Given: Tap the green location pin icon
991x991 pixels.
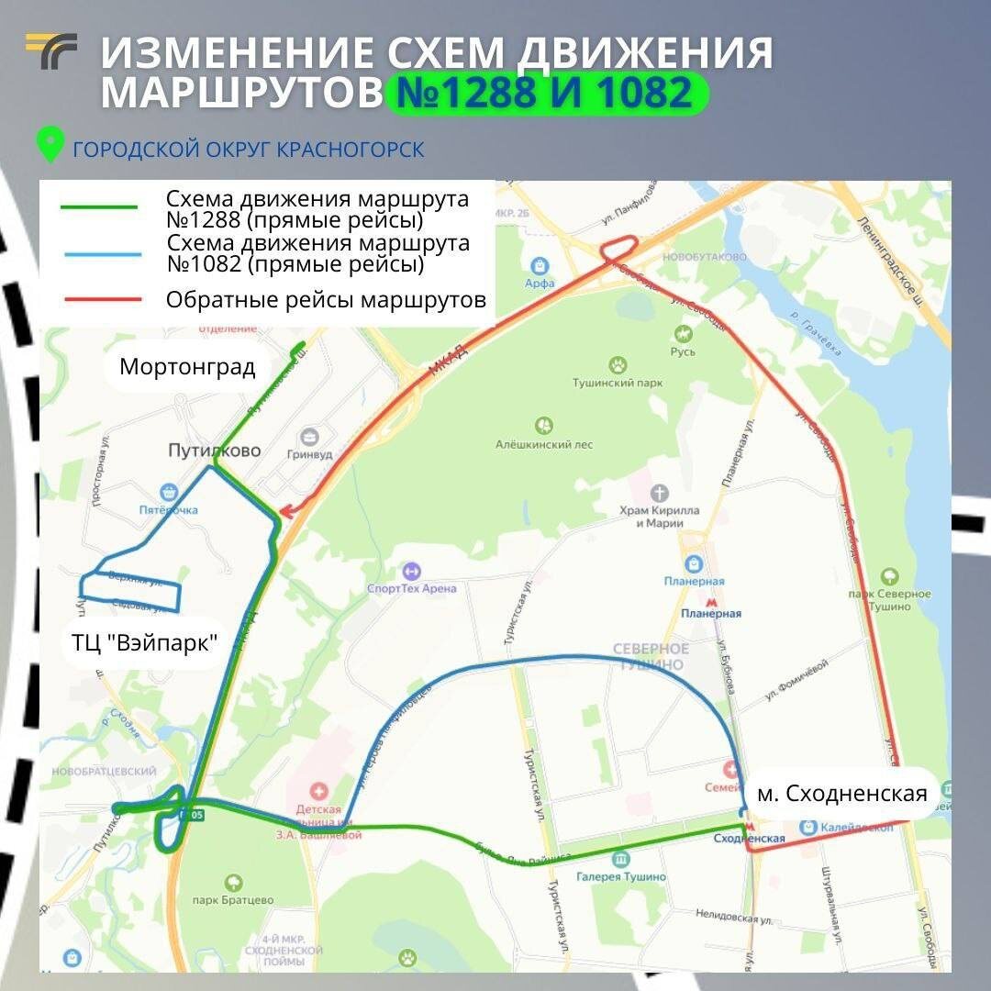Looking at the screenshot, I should (49, 145).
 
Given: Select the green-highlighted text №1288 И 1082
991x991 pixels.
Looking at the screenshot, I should (546, 95).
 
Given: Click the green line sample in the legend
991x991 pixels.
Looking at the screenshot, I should (99, 207).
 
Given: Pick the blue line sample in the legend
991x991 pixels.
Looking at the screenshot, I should (99, 254).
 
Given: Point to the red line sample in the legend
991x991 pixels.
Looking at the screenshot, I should (99, 300).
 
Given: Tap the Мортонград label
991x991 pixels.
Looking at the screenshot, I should (187, 368).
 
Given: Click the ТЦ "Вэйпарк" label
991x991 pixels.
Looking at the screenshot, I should (145, 641).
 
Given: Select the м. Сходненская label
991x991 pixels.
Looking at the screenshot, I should (841, 794).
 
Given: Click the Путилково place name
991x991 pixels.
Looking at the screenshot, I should (215, 451).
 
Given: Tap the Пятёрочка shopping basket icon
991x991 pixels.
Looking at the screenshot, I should (168, 493).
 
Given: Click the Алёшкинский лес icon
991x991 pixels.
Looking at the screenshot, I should (544, 426).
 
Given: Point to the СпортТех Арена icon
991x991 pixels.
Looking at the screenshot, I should (411, 571).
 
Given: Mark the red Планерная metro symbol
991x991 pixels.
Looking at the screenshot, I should (710, 598).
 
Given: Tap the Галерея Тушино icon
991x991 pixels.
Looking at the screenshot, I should (621, 859).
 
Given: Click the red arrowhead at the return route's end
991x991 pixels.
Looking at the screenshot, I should (284, 511).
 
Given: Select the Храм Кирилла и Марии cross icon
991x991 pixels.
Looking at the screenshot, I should (658, 492).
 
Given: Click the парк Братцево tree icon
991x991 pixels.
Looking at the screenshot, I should (233, 883).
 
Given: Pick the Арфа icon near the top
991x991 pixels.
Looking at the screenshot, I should (540, 264).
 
